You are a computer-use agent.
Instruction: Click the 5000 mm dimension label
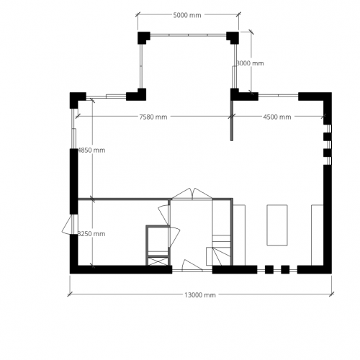coord(186,15)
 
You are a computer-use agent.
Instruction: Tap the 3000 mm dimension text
coord(250,63)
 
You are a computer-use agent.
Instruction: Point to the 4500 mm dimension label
coord(276,117)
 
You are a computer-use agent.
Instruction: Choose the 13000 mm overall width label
coord(200,295)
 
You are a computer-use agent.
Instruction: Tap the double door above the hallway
coord(192,194)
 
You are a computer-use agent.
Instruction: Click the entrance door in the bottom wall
coord(191,264)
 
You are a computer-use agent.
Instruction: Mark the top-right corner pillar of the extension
coord(233,37)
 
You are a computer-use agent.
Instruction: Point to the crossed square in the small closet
coord(157,260)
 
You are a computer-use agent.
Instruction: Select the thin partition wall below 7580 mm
coord(232,119)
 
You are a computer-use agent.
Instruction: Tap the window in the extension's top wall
coord(187,33)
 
